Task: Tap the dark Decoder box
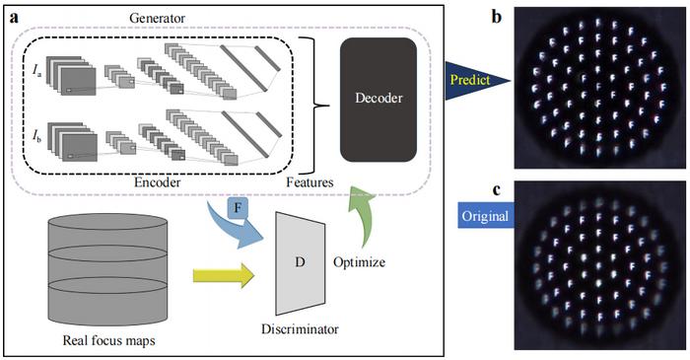(x=379, y=99)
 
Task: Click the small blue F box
(x=237, y=208)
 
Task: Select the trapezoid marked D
(x=302, y=262)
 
